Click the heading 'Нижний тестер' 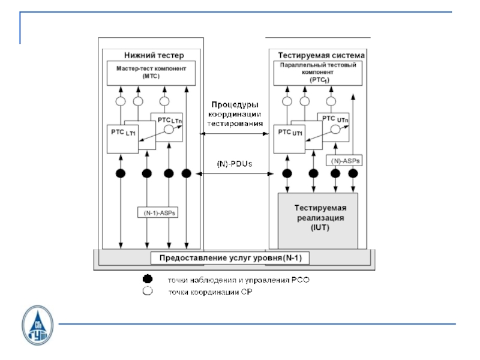coord(148,53)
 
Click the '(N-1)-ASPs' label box coord(159,213)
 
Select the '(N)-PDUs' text coord(235,164)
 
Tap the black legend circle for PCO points coord(147,280)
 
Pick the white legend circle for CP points coord(147,292)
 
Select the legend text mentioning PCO coord(238,280)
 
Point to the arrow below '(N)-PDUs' coord(235,174)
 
